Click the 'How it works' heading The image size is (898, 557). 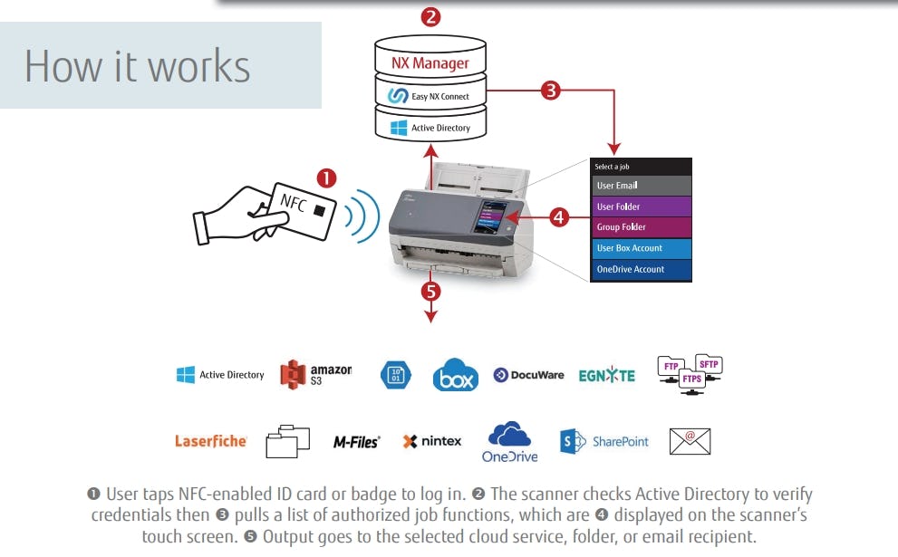pyautogui.click(x=137, y=66)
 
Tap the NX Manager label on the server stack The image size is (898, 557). pyautogui.click(x=430, y=63)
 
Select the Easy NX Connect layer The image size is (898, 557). pyautogui.click(x=430, y=95)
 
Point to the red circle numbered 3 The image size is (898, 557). pyautogui.click(x=551, y=90)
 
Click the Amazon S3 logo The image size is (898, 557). pyautogui.click(x=315, y=374)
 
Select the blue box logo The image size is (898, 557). pyautogui.click(x=455, y=375)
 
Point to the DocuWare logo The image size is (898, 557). pyautogui.click(x=528, y=375)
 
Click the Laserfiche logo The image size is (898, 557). pyautogui.click(x=210, y=441)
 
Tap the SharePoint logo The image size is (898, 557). pyautogui.click(x=604, y=441)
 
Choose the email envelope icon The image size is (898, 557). pyautogui.click(x=690, y=440)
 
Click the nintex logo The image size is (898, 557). pyautogui.click(x=431, y=441)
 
